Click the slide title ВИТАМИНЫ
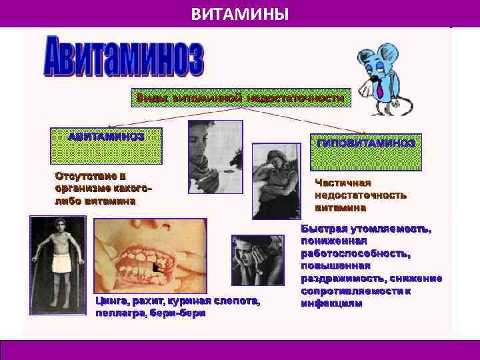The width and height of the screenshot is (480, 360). pyautogui.click(x=239, y=13)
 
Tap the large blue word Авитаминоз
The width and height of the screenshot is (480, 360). pyautogui.click(x=124, y=58)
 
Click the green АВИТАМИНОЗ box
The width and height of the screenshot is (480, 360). pyautogui.click(x=106, y=145)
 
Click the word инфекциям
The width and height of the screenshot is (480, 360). pyautogui.click(x=331, y=303)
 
